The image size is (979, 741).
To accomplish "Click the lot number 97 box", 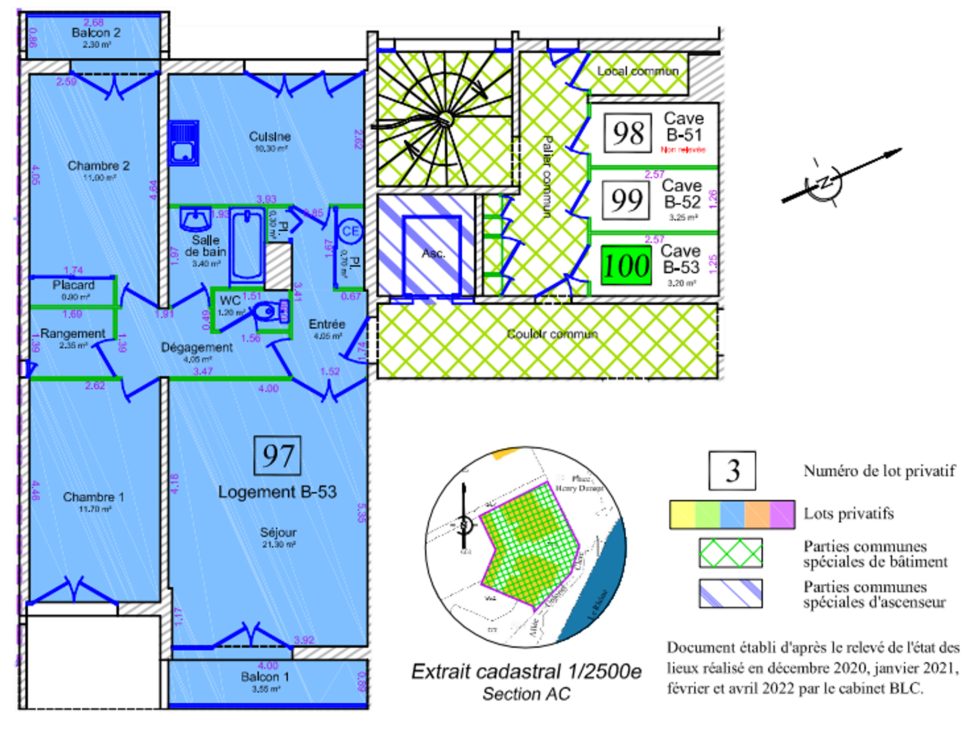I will [x=277, y=455].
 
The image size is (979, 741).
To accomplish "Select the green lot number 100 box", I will [x=626, y=265].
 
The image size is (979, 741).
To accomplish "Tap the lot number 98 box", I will [x=627, y=133].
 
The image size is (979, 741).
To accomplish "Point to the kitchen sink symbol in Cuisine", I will [x=184, y=143].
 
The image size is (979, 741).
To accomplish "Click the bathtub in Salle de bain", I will [x=246, y=245].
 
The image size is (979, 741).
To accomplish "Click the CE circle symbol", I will [x=350, y=231].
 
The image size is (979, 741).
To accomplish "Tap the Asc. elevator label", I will [x=433, y=253].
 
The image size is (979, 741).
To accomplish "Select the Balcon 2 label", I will [x=96, y=32].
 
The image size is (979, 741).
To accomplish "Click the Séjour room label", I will [x=278, y=532].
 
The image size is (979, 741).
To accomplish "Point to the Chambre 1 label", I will [x=94, y=497].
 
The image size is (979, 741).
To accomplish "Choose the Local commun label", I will [x=638, y=71].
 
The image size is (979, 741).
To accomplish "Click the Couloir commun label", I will [x=552, y=333].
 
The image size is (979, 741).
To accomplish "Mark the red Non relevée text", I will [x=683, y=150].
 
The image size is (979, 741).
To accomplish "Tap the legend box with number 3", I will [x=732, y=471].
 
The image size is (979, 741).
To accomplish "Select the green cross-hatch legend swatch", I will [x=730, y=553].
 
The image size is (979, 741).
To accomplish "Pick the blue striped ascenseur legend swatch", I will [x=730, y=593].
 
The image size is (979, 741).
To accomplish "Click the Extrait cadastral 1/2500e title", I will [x=526, y=671].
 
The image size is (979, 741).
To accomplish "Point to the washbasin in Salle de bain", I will [x=196, y=220].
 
